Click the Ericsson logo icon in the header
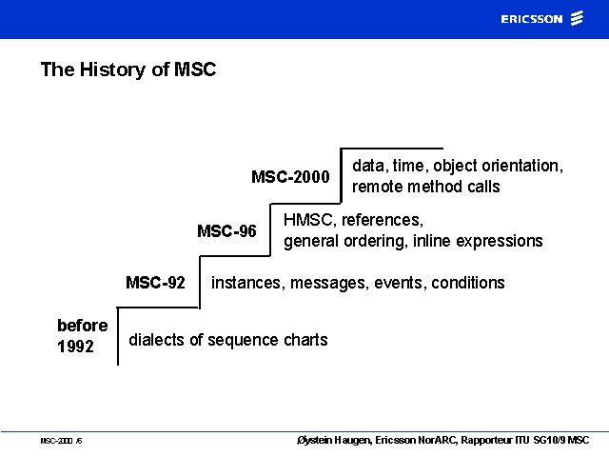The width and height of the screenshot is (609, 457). tap(577, 18)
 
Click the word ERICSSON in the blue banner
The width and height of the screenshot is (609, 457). tap(532, 19)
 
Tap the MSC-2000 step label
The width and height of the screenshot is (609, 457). tap(290, 177)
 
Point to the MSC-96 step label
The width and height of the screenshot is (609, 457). tap(226, 231)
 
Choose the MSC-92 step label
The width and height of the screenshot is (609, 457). tap(155, 283)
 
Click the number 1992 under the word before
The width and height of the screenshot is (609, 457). tap(75, 347)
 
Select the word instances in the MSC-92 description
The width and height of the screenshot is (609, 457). tap(246, 283)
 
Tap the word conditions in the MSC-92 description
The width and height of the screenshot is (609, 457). tap(468, 283)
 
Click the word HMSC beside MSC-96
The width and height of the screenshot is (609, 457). tap(308, 220)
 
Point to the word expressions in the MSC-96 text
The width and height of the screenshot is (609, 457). tap(499, 241)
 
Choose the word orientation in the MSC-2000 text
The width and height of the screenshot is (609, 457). tap(522, 166)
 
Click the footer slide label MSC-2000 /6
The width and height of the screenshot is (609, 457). tap(61, 441)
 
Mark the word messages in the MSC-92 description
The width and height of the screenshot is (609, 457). tap(329, 283)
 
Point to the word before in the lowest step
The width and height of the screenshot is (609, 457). tap(83, 326)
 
